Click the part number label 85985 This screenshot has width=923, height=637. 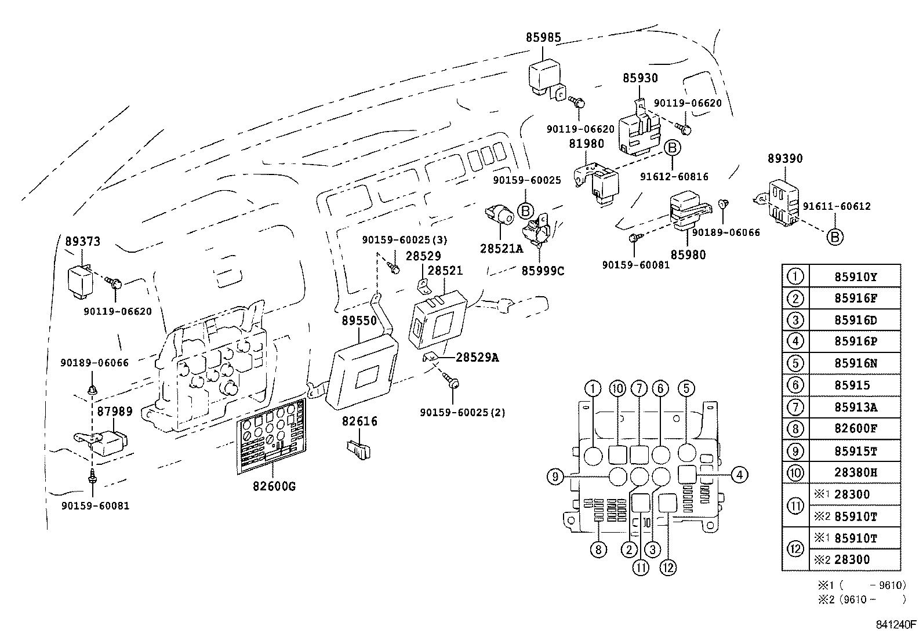click(543, 37)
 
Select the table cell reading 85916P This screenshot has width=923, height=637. click(855, 342)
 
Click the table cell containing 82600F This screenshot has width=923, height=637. click(855, 429)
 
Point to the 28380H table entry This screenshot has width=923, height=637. click(855, 472)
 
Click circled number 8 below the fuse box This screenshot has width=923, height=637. click(598, 549)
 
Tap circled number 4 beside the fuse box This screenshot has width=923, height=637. click(739, 475)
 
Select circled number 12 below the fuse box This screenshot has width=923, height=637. click(668, 567)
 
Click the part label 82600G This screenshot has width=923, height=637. click(274, 486)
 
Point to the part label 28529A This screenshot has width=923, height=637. click(477, 357)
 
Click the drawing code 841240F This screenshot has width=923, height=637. click(896, 625)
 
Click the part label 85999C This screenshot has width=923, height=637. click(542, 270)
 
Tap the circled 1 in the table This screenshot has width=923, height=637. click(795, 276)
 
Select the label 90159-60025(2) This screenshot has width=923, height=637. click(462, 413)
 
